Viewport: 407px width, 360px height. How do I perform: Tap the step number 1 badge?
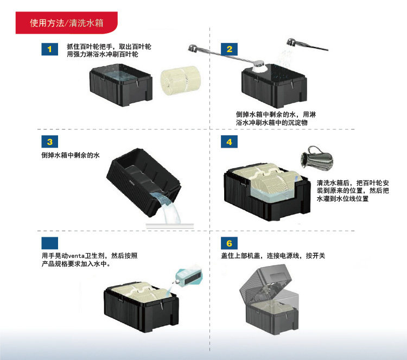(x=50, y=49)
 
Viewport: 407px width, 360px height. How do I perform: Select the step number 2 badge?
(x=229, y=49)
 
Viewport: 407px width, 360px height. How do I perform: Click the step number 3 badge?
(x=50, y=142)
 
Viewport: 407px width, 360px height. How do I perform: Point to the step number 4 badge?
(x=229, y=142)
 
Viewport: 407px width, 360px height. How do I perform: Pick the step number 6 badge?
(x=229, y=243)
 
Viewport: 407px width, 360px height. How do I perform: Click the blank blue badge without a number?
(x=50, y=243)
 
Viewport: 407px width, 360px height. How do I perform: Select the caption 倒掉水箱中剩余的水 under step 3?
(x=71, y=155)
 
